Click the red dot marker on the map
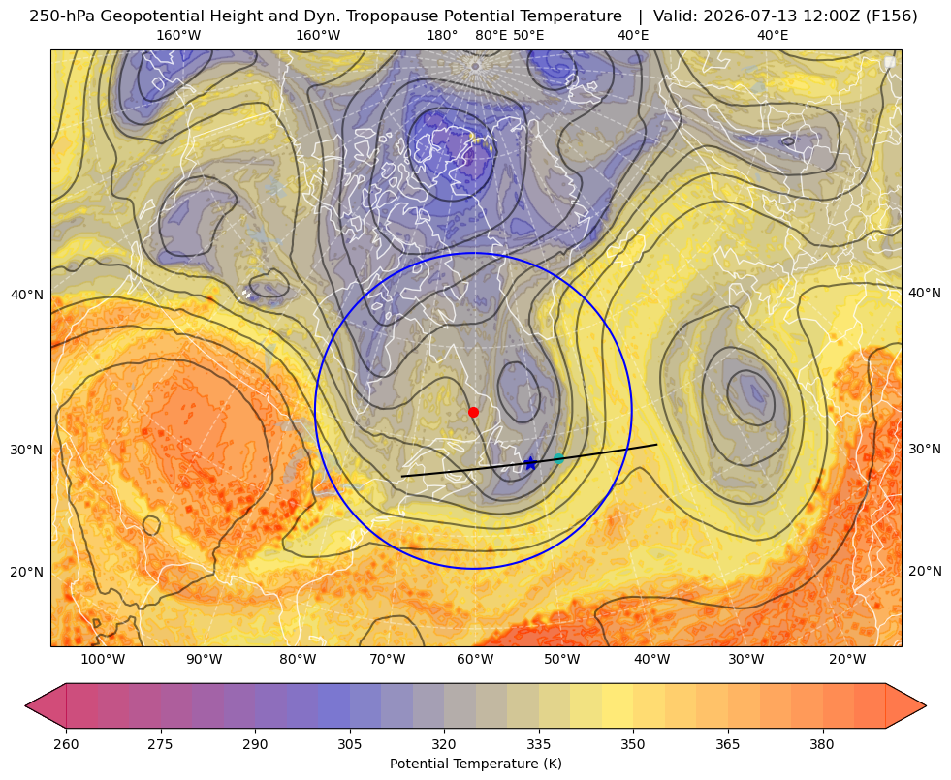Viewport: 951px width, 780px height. click(474, 412)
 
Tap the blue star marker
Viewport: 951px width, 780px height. click(530, 463)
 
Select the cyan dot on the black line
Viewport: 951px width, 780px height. click(558, 458)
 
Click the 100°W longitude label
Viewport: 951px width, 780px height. click(103, 659)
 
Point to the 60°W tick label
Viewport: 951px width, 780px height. click(475, 659)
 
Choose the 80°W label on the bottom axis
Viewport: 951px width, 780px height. click(298, 659)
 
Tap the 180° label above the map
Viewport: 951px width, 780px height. click(442, 35)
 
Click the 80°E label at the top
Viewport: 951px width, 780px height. click(491, 35)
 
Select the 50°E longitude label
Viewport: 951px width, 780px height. click(528, 35)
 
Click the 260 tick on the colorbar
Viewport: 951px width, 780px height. click(66, 744)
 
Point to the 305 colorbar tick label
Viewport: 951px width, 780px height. click(350, 744)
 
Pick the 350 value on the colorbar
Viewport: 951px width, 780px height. click(633, 744)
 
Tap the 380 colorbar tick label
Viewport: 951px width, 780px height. click(822, 744)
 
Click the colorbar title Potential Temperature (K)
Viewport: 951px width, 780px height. click(475, 764)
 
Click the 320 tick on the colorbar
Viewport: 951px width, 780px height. click(444, 744)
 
